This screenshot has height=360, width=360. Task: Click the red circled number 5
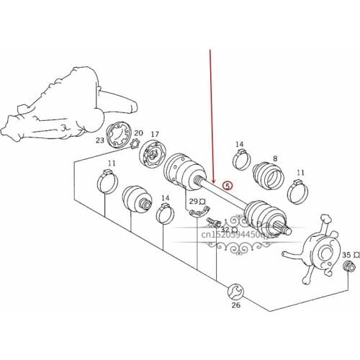click(228, 186)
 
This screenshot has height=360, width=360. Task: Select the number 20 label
click(138, 133)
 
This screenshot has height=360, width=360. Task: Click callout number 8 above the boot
click(274, 159)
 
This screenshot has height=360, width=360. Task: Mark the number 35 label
click(346, 255)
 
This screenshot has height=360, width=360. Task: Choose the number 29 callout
click(193, 200)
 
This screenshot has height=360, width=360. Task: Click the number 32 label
click(224, 230)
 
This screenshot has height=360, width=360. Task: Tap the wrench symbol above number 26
click(233, 291)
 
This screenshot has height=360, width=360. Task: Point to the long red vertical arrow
click(210, 115)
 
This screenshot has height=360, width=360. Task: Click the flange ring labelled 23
click(117, 138)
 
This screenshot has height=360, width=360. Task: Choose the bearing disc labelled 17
click(153, 154)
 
